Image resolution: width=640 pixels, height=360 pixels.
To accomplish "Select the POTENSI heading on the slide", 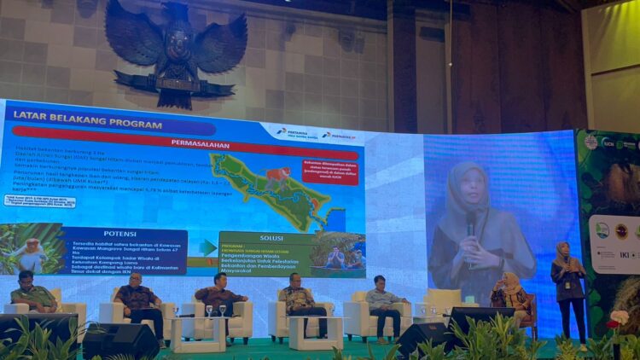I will point(119,233).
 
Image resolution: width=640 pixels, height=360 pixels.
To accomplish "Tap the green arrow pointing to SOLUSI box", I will point(207,247).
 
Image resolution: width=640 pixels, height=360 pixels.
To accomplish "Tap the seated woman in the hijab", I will point(510,293).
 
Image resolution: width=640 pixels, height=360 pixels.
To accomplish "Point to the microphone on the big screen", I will point(470,226).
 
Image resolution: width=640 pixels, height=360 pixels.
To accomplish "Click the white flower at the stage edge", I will point(620,317).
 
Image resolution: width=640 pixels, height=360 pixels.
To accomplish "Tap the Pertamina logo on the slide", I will point(293,133).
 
